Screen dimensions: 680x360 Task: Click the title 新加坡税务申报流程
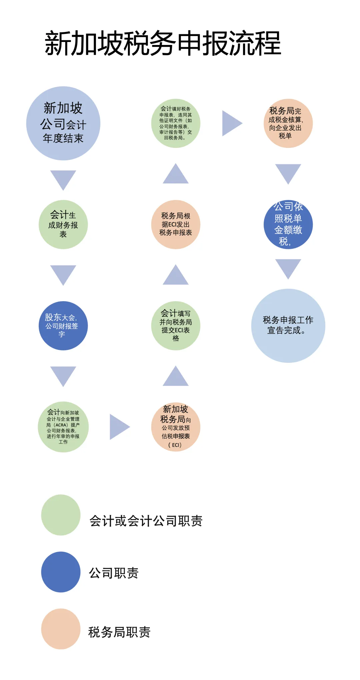(163, 43)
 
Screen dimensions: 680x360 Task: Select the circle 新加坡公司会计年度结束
(63, 123)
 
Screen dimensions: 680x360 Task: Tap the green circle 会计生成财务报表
(63, 224)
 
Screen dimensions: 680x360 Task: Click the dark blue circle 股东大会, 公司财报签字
(63, 326)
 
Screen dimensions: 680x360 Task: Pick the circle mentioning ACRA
(63, 427)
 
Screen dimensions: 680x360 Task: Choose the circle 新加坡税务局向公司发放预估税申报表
(176, 427)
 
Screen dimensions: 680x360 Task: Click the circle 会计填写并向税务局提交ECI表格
(176, 326)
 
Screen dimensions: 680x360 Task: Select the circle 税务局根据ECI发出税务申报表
(176, 224)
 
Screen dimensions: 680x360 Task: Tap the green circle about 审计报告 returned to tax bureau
(176, 123)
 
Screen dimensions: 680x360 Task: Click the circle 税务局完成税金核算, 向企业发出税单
(288, 123)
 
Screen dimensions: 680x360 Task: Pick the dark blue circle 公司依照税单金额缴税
(288, 224)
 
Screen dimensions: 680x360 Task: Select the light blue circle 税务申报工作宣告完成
(288, 326)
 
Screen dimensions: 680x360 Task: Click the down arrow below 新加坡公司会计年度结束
(63, 179)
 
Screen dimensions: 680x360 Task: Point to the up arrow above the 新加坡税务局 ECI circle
(176, 377)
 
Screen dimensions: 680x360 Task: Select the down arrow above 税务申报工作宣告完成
(288, 268)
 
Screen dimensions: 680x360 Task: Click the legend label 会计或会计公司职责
(146, 521)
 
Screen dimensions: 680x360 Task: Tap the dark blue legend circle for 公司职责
(61, 572)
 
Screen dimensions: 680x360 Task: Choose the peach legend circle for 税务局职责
(61, 629)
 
